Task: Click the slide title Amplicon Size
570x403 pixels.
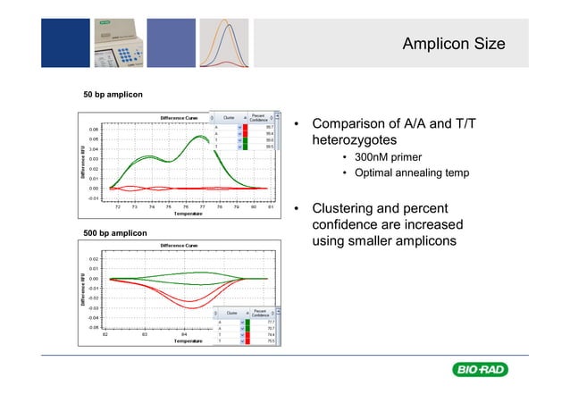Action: click(x=453, y=44)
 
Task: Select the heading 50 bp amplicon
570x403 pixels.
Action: click(x=113, y=94)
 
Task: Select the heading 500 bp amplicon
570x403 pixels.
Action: click(x=115, y=233)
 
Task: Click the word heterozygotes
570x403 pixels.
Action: click(x=355, y=141)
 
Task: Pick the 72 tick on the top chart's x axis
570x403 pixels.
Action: click(x=119, y=206)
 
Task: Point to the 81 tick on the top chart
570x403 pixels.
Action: click(x=270, y=206)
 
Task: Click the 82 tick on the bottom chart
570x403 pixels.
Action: click(x=105, y=334)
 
